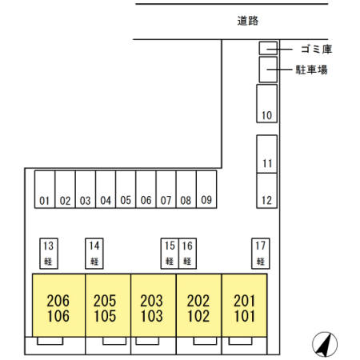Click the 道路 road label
tap(249, 22)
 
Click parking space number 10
tap(267, 104)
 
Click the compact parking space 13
tap(49, 252)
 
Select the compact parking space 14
tap(94, 252)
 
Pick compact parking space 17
tap(260, 252)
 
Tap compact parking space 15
tap(169, 252)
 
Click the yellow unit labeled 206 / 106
tap(58, 308)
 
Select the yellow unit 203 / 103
tap(151, 308)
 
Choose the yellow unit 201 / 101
tap(244, 308)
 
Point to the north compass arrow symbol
tap(324, 343)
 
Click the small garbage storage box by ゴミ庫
tap(267, 48)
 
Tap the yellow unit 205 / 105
tap(105, 308)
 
